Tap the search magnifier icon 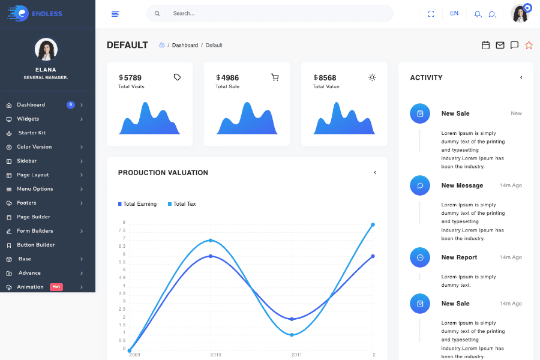click(x=157, y=13)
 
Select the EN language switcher click(x=454, y=13)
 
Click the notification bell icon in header click(x=478, y=14)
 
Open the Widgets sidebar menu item click(x=28, y=119)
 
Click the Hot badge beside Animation click(x=56, y=287)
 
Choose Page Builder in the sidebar click(x=34, y=217)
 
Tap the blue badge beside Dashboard click(x=71, y=104)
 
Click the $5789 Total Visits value click(x=130, y=77)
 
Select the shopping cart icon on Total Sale click(x=275, y=77)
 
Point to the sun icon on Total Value click(x=372, y=77)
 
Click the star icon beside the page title click(x=529, y=45)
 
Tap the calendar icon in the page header click(x=486, y=45)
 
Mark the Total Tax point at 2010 click(x=211, y=241)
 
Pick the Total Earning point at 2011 click(x=292, y=319)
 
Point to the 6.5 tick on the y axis click(x=122, y=246)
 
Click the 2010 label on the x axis click(x=215, y=355)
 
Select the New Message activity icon click(x=420, y=185)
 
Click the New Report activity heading click(x=459, y=257)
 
